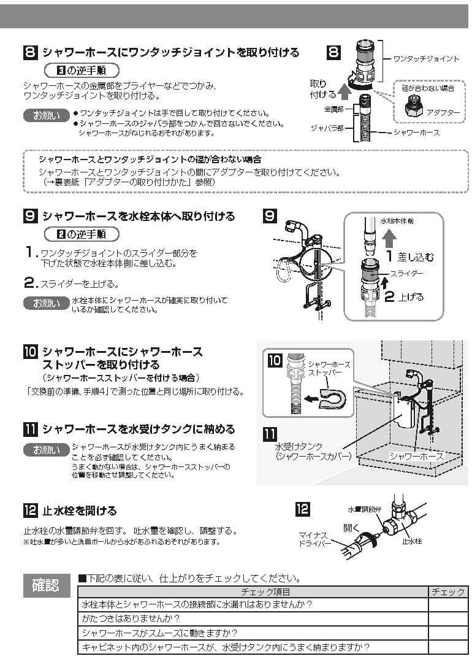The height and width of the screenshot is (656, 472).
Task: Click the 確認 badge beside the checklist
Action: point(46,585)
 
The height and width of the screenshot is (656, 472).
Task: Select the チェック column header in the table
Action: point(447,592)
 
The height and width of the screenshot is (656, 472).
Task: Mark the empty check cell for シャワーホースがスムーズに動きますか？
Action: point(447,633)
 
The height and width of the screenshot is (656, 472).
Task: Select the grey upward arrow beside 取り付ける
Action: point(345,92)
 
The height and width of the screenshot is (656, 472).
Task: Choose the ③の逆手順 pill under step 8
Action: point(82,69)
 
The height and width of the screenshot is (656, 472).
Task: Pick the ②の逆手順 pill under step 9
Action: point(82,234)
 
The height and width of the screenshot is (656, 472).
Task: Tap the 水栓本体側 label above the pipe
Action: point(397,220)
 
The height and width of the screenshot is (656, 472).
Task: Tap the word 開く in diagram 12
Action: point(351,527)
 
